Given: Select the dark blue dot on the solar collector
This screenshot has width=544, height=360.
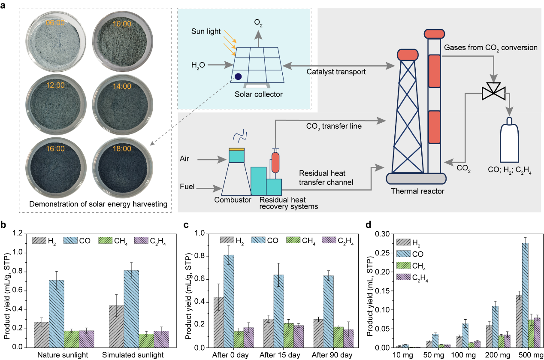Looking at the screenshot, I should [238, 76].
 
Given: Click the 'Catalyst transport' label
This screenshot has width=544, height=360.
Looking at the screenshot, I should [336, 72].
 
